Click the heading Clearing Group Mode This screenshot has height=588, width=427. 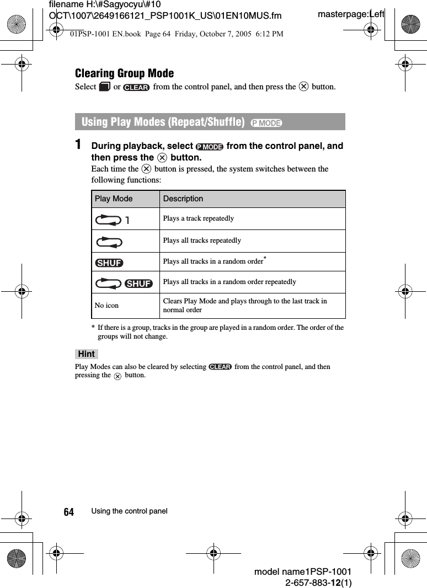point(124,73)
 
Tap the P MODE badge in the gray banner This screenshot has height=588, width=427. point(266,122)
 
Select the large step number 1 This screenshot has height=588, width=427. point(79,145)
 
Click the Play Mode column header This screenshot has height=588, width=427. point(114,199)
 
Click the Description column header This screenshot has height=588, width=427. point(183,199)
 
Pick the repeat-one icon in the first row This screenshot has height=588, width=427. point(113,220)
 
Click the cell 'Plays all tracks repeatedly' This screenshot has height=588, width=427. point(202,240)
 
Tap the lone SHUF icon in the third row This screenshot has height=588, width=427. point(109,263)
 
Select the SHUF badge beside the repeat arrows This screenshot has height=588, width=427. point(138,284)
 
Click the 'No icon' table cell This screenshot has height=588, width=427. point(106,305)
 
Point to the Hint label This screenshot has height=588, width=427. point(86,354)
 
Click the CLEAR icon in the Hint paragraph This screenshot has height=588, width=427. point(220,367)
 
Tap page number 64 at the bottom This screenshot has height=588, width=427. point(68,512)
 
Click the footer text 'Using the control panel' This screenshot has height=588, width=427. point(129,511)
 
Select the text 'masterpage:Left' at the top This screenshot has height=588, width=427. point(351,14)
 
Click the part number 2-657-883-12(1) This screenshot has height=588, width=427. point(318,582)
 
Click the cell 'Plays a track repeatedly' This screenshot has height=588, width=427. point(198,218)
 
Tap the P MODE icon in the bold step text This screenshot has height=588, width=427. point(210,147)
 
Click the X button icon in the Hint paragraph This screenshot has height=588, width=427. point(118,376)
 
